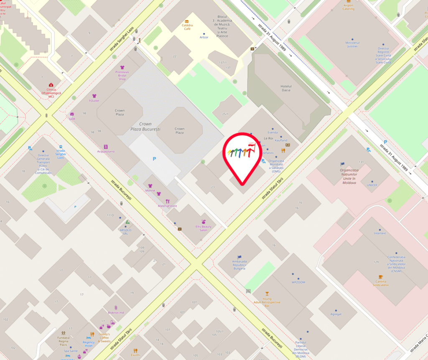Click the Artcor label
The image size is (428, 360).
point(204,37)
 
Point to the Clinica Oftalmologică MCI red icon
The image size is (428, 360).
point(51,85)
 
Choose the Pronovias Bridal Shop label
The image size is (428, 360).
point(122,75)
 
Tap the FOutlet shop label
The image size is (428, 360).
point(94,100)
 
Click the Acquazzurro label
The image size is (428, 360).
point(106,152)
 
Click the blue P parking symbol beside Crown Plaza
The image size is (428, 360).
point(154,159)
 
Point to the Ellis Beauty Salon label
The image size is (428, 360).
point(204,228)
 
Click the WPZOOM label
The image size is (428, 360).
point(298,282)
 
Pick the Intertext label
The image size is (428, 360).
point(380,233)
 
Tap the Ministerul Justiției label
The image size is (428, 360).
point(352,44)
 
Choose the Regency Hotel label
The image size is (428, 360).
point(88,344)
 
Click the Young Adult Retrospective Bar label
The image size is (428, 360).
point(267,302)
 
